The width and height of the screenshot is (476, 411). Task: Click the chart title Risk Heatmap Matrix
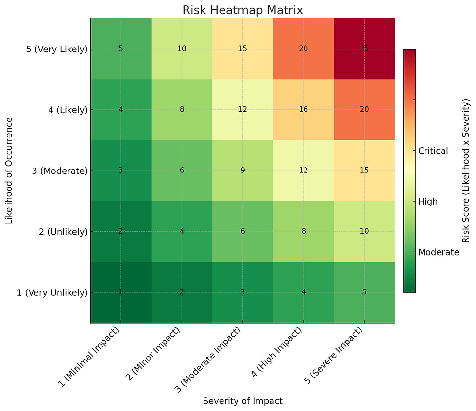242,10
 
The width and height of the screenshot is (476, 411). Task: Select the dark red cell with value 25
364,49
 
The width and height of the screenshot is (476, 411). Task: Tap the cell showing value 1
121,292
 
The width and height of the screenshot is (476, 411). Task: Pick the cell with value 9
242,171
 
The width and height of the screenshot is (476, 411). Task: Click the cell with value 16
303,110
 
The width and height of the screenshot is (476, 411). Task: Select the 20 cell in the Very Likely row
303,49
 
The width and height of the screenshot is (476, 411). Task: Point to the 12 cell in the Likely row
242,110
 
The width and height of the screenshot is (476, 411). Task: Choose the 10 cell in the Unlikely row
364,231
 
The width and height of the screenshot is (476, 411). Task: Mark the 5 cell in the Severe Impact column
364,292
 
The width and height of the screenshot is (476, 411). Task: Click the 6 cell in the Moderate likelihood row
182,171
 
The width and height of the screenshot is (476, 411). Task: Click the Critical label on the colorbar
433,151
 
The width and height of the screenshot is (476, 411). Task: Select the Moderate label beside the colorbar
439,252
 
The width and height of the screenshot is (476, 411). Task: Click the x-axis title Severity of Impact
242,401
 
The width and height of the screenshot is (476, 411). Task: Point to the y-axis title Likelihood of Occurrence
9,171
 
